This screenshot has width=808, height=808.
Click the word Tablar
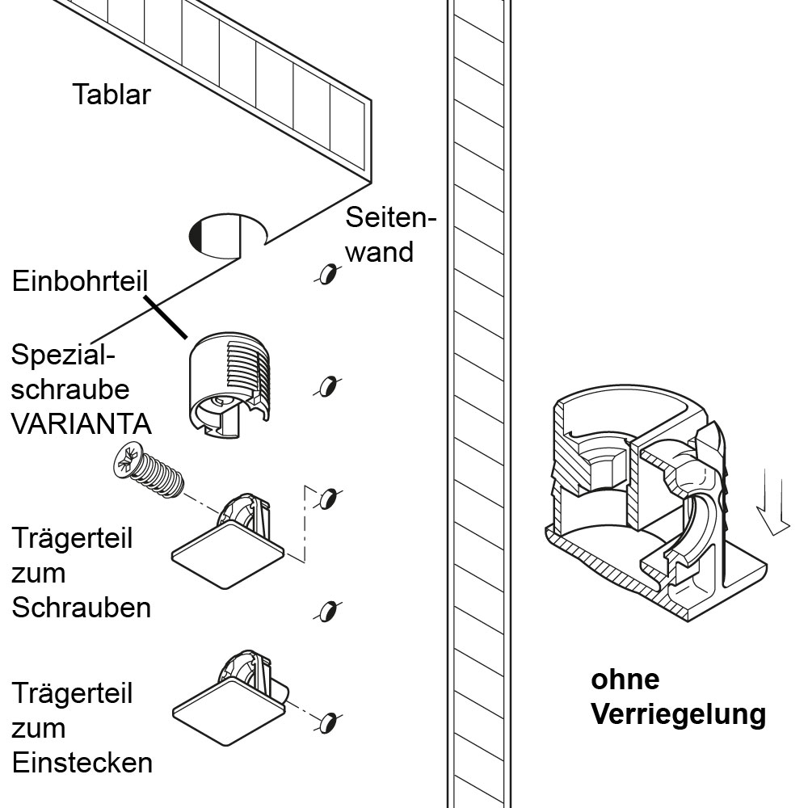click(x=112, y=95)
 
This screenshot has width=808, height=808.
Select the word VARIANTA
click(x=81, y=423)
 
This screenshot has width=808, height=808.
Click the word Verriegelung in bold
click(x=678, y=714)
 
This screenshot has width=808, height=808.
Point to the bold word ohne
click(x=625, y=680)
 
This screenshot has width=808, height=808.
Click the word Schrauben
click(x=81, y=607)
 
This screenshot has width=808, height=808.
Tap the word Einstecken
click(x=82, y=763)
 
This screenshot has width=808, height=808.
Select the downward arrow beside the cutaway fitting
click(x=771, y=505)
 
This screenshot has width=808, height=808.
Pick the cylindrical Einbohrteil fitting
click(x=230, y=384)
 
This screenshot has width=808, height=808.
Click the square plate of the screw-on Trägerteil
click(x=228, y=554)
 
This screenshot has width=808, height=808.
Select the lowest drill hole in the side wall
click(x=326, y=722)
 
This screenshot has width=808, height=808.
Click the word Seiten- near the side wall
click(x=390, y=217)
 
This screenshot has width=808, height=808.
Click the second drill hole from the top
click(x=326, y=386)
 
